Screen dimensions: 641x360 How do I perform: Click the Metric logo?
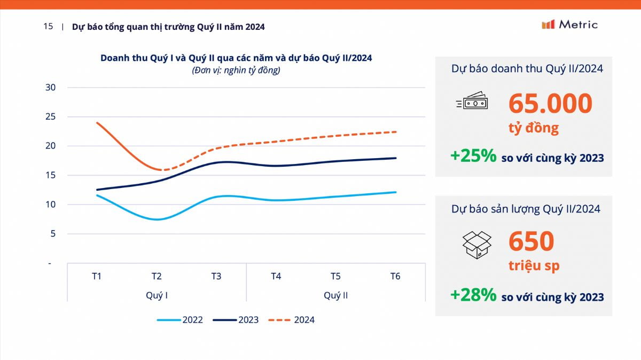pos(569,25)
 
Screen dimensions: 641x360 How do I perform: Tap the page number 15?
pos(48,26)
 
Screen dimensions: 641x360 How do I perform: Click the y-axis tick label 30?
pos(50,87)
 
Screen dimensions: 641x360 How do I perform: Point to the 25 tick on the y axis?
pos(50,116)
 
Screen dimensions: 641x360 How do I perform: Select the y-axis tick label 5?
pos(53,233)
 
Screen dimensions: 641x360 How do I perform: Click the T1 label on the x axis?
pos(97,276)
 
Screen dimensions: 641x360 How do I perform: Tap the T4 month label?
pos(276,276)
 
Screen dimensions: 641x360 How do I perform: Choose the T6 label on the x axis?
pos(395,276)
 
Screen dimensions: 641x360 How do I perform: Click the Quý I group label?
pos(157,295)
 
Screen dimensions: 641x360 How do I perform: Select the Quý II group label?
pos(335,295)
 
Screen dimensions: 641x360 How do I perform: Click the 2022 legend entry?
pos(179,319)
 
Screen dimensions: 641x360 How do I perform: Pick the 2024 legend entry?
pos(291,319)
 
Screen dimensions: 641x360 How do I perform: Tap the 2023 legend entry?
pos(236,319)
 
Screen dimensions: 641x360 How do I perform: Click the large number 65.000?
pos(550,103)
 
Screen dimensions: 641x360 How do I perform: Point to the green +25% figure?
pos(473,156)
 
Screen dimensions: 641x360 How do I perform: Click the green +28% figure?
pos(473,295)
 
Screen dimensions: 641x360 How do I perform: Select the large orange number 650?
pos(531,241)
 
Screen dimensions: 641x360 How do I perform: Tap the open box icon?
pos(476,245)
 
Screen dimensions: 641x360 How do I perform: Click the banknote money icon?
pos(472,100)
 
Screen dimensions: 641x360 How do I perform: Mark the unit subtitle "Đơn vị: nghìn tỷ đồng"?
pos(236,71)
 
